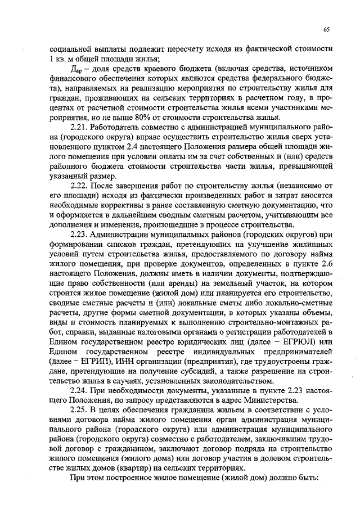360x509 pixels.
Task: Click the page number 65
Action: click(326, 30)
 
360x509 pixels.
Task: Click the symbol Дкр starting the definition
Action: click(76, 68)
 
